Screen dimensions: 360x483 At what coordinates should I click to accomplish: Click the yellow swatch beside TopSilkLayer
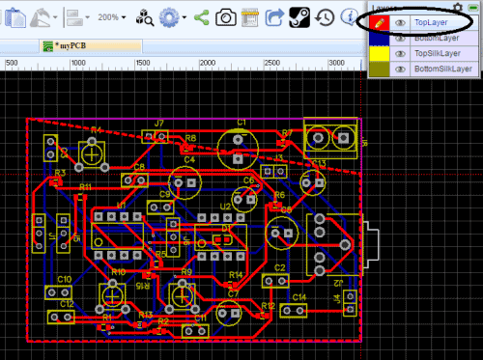[375, 53]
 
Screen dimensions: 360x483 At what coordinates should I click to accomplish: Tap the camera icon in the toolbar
[225, 16]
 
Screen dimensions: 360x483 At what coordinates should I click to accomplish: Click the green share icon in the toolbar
[201, 16]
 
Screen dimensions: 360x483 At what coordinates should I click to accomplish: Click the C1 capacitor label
[241, 122]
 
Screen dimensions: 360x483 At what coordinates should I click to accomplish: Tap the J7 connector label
[158, 123]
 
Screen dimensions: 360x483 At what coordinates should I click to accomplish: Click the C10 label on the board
[64, 278]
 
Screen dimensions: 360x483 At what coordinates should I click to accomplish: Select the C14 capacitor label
[299, 297]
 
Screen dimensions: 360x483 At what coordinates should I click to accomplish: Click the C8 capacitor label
[140, 166]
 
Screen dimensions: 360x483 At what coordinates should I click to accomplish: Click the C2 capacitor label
[280, 266]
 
